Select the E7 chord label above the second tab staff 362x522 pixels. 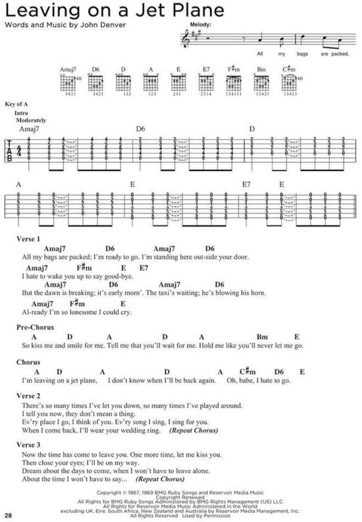[247, 186]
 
